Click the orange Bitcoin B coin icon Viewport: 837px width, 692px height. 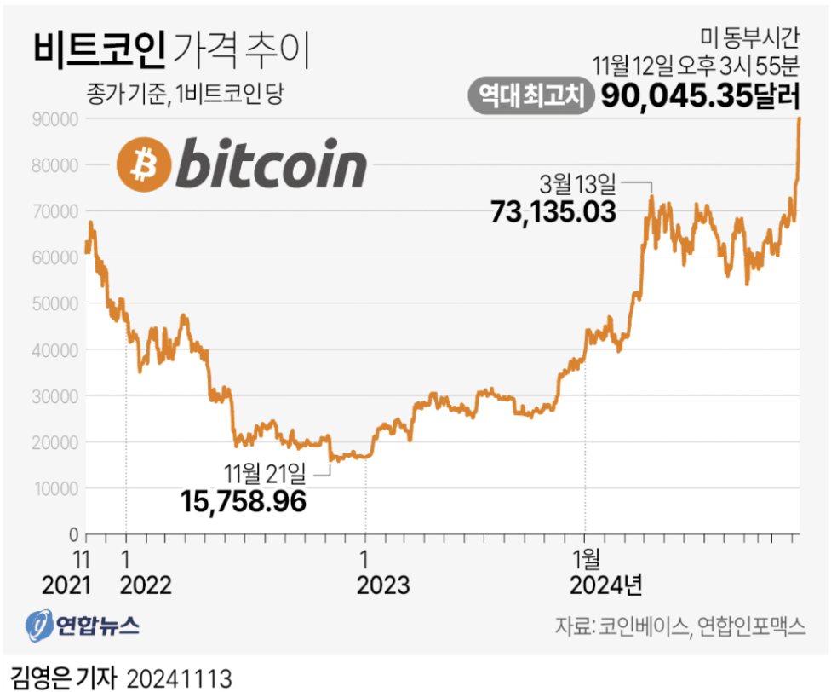(x=142, y=165)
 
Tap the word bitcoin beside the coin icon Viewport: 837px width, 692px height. (x=270, y=165)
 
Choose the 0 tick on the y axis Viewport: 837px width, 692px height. (x=73, y=534)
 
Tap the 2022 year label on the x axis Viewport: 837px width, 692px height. (x=146, y=586)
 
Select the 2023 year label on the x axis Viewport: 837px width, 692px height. (x=383, y=586)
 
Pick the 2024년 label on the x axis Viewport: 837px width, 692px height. (x=605, y=586)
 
